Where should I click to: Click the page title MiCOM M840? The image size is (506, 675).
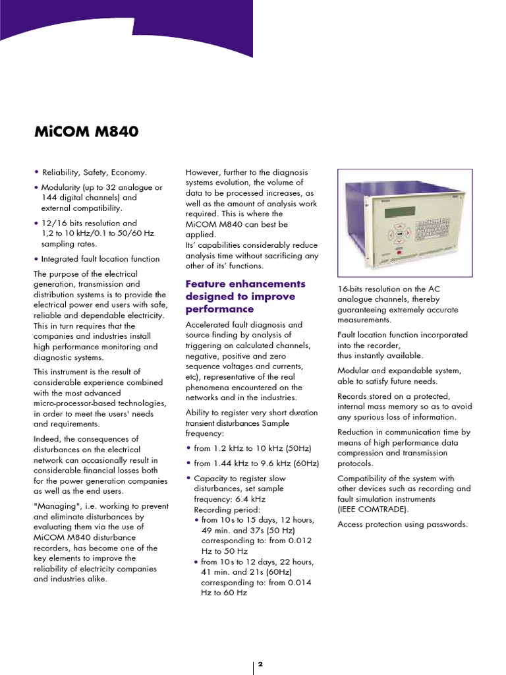tap(86, 132)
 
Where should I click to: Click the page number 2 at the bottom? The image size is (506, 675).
tap(260, 664)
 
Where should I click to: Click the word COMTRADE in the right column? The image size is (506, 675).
tap(383, 510)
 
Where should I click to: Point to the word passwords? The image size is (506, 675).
tap(446, 524)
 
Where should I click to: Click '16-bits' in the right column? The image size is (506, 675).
tap(351, 289)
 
